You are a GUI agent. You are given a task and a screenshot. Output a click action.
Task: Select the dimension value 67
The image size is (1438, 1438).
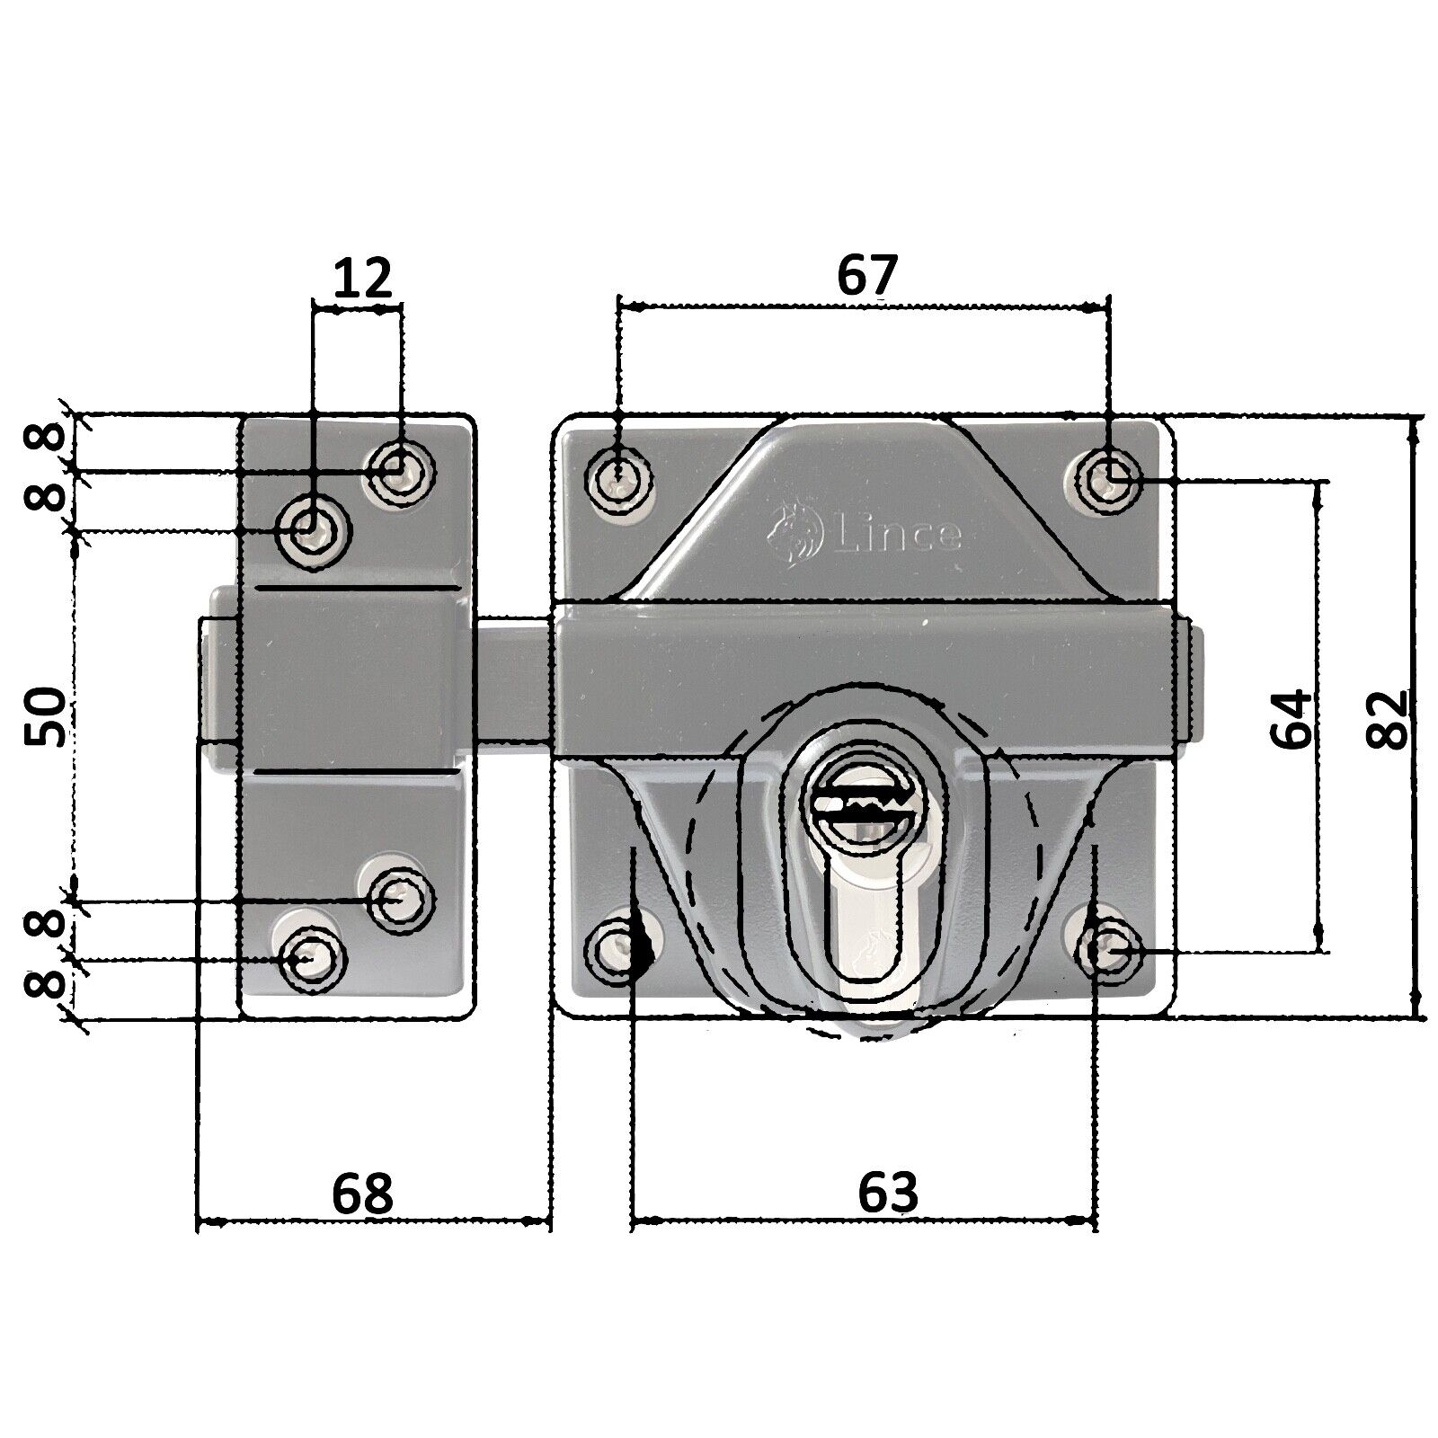(866, 276)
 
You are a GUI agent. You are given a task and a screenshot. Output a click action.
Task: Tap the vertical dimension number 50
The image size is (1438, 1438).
(45, 716)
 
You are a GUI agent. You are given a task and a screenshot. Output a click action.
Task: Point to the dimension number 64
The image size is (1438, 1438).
(1291, 720)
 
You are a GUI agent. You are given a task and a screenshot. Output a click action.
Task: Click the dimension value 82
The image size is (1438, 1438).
(1385, 720)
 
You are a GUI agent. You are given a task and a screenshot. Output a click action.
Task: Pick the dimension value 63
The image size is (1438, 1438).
(887, 1193)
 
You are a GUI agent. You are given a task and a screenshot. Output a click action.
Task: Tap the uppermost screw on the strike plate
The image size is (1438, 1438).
(397, 469)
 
